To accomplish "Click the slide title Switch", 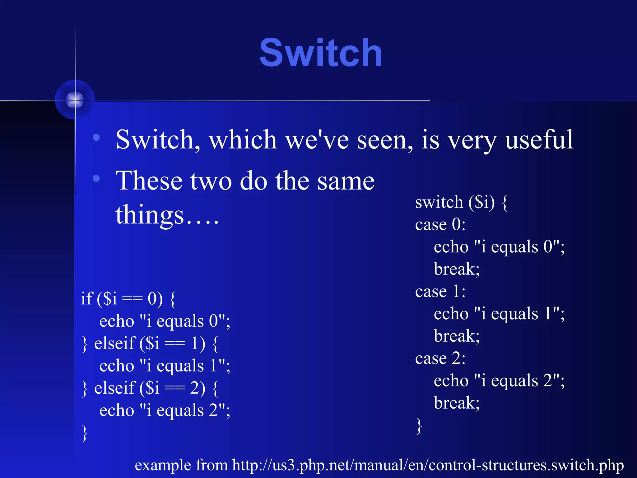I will [321, 53].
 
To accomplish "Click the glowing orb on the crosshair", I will [75, 100].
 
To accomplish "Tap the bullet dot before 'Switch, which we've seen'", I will [96, 137].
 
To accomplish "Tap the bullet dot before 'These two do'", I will [96, 178].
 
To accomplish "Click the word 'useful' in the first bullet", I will [539, 140].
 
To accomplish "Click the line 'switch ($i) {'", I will [461, 202].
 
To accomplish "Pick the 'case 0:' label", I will [440, 224].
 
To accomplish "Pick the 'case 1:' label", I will [440, 292].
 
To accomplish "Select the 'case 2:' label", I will [440, 358].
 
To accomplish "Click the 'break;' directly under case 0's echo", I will [457, 269].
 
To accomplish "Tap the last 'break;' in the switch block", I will [457, 403].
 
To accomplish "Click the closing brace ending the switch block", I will [419, 426].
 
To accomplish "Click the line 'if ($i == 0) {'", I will [128, 299].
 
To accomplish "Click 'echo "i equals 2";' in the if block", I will [165, 410].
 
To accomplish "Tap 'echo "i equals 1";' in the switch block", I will [499, 314].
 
